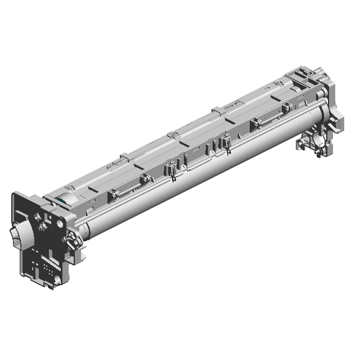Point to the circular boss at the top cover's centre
pyautogui.click(x=170, y=134)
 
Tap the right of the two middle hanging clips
pyautogui.click(x=227, y=145)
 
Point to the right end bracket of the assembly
pyautogui.click(x=326, y=112)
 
